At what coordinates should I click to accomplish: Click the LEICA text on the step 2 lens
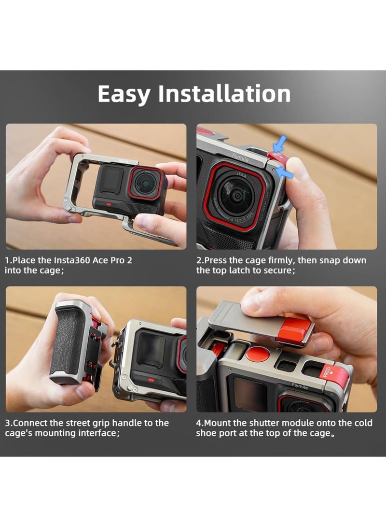241,176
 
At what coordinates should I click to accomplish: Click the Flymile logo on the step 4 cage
302,385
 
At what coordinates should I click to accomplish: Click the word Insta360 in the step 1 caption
61,260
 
